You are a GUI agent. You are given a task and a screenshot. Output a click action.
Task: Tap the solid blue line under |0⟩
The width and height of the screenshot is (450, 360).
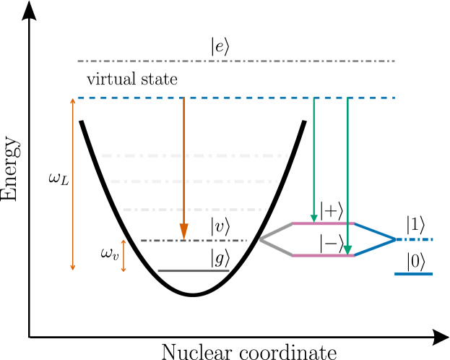click(413, 274)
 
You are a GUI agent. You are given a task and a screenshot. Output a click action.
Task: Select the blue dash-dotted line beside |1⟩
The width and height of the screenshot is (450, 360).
click(415, 239)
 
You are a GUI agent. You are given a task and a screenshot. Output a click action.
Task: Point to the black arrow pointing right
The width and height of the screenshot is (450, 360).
click(419, 337)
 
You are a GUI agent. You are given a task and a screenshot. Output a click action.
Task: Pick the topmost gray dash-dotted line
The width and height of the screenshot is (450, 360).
click(235, 61)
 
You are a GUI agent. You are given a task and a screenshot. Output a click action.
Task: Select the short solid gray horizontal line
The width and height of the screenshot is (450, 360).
click(194, 270)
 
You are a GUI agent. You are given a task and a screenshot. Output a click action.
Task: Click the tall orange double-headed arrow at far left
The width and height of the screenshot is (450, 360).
click(72, 184)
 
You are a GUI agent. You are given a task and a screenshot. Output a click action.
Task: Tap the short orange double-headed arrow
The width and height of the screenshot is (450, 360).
click(124, 255)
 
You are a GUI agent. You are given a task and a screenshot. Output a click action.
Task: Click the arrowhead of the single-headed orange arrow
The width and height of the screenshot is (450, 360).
click(183, 231)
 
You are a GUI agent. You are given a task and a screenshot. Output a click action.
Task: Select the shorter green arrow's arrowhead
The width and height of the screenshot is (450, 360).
click(313, 218)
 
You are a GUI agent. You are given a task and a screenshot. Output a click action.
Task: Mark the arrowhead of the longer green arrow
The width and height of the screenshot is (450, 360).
click(347, 250)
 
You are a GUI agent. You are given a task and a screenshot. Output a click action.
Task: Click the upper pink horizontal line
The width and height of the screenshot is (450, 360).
click(323, 223)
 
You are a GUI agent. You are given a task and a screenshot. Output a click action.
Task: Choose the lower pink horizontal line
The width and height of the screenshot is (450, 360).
click(323, 255)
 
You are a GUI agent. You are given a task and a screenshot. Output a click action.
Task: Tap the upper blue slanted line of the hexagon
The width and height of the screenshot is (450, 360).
click(374, 231)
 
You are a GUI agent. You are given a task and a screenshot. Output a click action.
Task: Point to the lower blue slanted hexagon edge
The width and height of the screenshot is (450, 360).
click(374, 248)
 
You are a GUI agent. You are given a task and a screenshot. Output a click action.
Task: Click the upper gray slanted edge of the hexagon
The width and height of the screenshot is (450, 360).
click(277, 231)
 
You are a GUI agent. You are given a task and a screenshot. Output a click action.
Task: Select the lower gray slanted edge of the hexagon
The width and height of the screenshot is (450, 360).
click(277, 247)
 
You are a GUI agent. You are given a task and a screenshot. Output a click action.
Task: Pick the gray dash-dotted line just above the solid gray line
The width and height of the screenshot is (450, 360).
click(194, 241)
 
